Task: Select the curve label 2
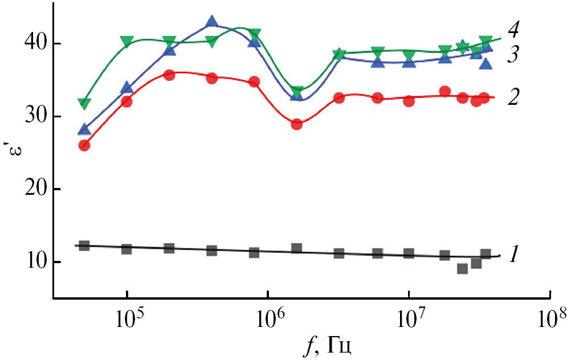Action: [513, 97]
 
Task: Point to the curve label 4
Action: [513, 28]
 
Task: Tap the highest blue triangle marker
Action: [212, 22]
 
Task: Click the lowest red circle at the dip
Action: [296, 124]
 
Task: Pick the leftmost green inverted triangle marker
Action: [84, 104]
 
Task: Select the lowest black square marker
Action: [462, 268]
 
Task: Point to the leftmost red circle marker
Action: [84, 145]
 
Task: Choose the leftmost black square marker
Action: [84, 246]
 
